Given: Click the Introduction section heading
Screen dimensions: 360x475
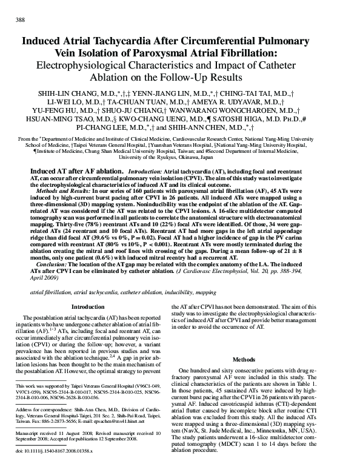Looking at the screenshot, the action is pyautogui.click(x=88, y=307).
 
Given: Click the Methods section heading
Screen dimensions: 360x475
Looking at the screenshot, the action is pyautogui.click(x=261, y=359).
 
